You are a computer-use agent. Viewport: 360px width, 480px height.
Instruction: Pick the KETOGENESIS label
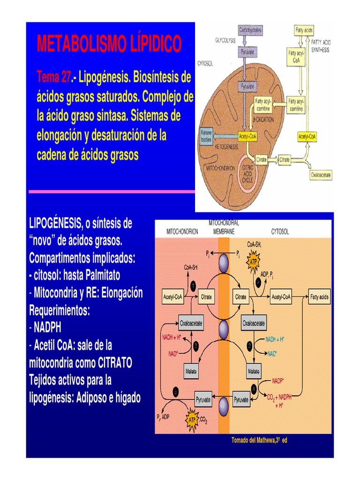point(227,147)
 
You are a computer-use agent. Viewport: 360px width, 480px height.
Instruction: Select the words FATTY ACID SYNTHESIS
point(322,46)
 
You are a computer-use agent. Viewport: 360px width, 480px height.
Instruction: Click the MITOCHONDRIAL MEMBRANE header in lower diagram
point(224,227)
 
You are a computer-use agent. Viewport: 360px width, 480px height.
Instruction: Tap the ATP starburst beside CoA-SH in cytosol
point(253,263)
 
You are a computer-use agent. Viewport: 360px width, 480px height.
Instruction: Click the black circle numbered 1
point(193,285)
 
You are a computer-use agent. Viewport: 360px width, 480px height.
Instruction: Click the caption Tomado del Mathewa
point(259,440)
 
